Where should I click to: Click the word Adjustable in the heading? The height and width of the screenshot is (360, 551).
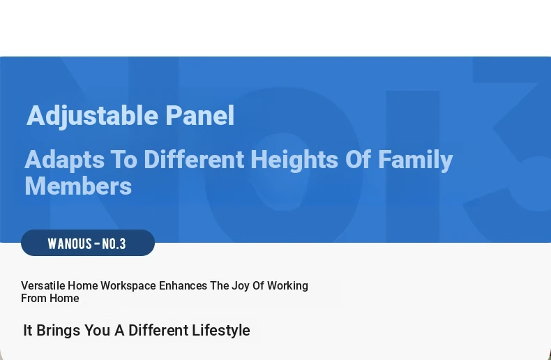[93, 116]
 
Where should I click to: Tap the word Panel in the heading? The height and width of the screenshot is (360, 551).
[199, 115]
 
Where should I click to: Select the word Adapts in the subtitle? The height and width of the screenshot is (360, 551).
[65, 160]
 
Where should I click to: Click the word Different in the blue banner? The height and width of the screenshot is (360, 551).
[194, 159]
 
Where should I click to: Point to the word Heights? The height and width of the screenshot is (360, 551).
[294, 160]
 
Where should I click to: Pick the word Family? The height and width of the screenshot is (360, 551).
[416, 160]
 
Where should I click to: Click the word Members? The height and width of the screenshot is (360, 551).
[78, 186]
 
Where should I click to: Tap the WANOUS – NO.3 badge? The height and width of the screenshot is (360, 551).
[88, 243]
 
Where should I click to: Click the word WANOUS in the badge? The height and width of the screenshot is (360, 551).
[70, 243]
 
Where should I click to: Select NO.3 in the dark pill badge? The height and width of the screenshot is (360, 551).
[114, 243]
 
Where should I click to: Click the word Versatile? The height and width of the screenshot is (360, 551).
[43, 285]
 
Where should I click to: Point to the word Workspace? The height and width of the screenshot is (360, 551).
[128, 286]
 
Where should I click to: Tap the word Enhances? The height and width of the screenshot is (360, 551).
[183, 285]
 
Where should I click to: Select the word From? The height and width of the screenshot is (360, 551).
[34, 298]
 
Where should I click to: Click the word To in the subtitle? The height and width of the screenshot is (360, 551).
[123, 159]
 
